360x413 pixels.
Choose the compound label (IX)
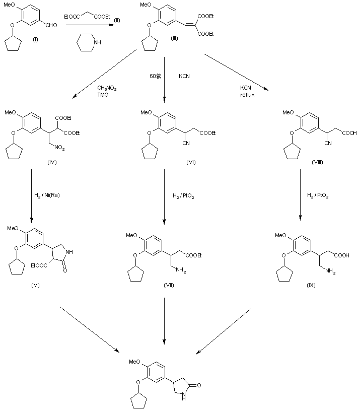click(x=311, y=286)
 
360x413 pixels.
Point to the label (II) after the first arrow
click(x=117, y=20)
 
